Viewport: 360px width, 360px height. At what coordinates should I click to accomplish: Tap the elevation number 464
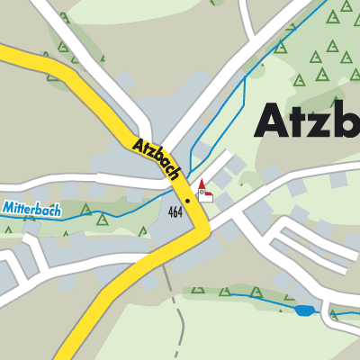pos(175,211)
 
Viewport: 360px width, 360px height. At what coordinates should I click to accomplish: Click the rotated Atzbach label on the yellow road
pos(158,157)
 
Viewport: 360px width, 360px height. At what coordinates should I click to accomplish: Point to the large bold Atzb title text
pos(306,119)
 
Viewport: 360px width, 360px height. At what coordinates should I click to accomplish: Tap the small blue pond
pos(305,310)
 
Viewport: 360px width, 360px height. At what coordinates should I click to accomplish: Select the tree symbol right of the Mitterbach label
pos(102,218)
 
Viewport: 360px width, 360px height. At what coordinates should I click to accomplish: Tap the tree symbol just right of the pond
pos(334,313)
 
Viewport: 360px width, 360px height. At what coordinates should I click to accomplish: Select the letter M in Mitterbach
pos(7,207)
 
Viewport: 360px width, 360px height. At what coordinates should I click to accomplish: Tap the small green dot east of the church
pos(241,184)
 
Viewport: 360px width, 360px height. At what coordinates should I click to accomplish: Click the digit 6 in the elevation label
pos(175,211)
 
